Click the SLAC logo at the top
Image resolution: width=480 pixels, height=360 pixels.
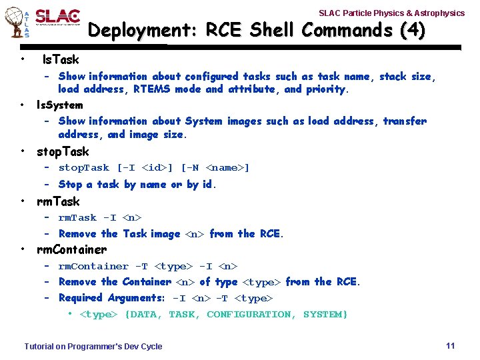coord(57,17)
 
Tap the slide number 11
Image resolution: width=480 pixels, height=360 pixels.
coord(450,345)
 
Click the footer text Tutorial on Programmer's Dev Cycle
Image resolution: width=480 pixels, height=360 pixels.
coord(93,346)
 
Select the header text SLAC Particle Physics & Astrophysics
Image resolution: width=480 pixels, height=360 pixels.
coord(391,13)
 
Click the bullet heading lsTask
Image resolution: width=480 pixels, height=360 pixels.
coord(60,59)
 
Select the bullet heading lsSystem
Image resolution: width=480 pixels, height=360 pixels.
coord(59,105)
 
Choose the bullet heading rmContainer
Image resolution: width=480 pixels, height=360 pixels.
coord(71,249)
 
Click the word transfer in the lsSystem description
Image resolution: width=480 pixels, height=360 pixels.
coord(405,121)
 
